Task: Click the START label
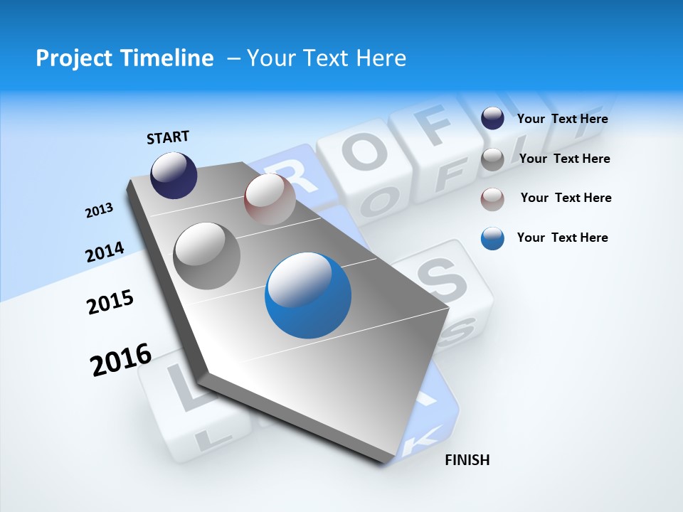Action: tap(168, 137)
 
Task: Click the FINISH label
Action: tap(467, 460)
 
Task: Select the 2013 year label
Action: tap(99, 210)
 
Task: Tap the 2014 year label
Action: tap(105, 252)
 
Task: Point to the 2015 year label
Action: tap(110, 302)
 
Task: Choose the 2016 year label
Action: tap(121, 360)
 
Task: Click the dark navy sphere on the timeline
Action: tap(174, 175)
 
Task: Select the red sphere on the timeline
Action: tap(270, 199)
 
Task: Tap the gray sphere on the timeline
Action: tap(207, 255)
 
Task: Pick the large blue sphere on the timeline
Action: tap(308, 296)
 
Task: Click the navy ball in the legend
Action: tap(492, 119)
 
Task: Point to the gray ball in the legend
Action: tap(492, 159)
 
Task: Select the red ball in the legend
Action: tap(492, 198)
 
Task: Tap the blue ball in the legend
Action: tap(492, 238)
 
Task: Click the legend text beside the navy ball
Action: tap(562, 119)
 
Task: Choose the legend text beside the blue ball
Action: tap(562, 238)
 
